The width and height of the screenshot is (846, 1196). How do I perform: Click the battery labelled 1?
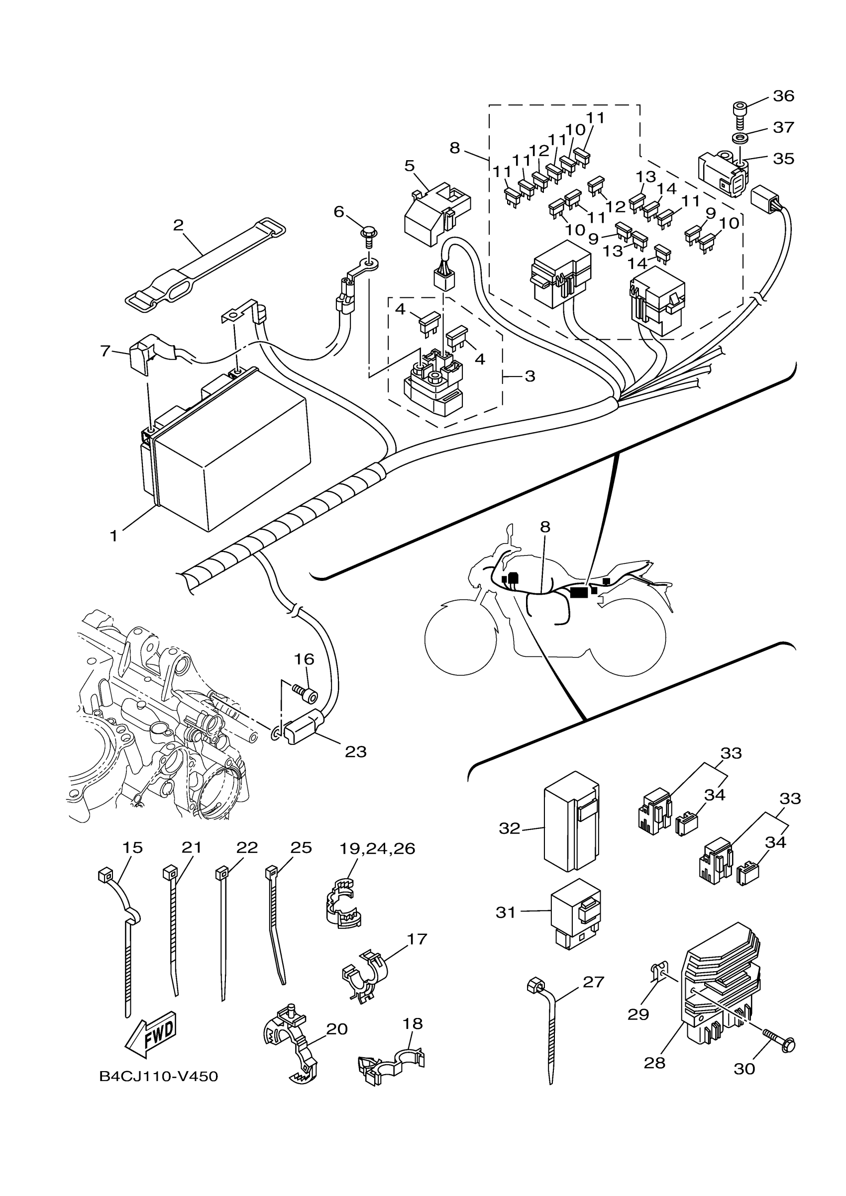pos(229,453)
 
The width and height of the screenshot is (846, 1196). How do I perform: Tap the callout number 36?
pos(783,96)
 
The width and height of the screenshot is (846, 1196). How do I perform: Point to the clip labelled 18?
pos(391,1065)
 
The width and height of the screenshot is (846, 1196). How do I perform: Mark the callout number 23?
pos(355,752)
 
